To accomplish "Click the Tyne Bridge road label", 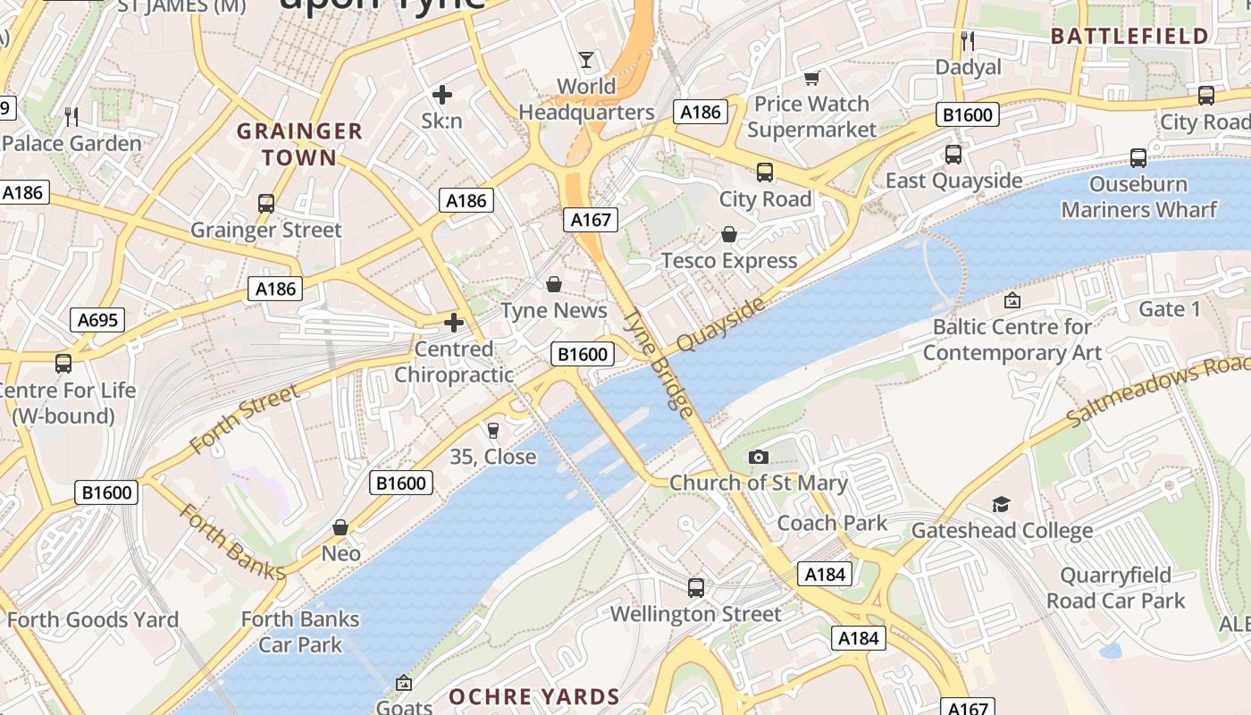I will point(659,364).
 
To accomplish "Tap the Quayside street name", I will point(721,324).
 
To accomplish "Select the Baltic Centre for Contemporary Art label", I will point(1012,340).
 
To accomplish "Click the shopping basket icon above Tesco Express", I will point(729,235).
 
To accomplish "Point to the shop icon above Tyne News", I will point(554,285).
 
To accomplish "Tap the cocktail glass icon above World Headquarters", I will point(585,60).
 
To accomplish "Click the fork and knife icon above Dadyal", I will point(968,40).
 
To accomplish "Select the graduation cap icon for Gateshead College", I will point(1001,505).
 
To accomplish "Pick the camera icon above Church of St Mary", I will point(758,458).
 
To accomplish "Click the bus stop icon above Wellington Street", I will point(696,588).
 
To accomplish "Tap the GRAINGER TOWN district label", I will point(299,145).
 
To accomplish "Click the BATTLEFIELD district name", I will point(1129,37).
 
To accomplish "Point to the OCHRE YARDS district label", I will point(533,697).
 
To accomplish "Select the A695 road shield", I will point(97,320).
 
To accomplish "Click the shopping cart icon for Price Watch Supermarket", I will point(811,79).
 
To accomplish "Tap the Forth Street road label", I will point(244,419).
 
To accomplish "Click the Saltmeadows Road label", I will point(1158,392).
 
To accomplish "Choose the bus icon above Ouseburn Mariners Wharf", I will point(1138,158).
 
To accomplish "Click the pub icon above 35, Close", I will point(492,431).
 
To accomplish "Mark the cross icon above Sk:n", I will point(441,94).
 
